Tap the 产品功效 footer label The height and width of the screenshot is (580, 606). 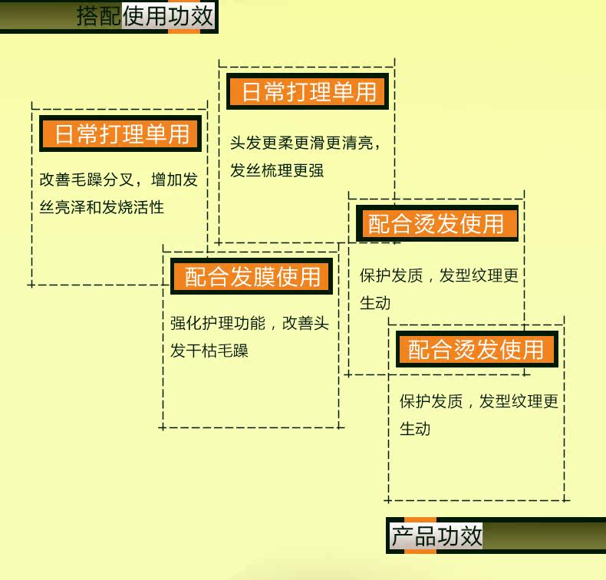436,536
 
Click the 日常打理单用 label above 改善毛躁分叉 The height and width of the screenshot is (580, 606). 122,135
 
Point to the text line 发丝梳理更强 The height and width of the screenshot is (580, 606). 277,170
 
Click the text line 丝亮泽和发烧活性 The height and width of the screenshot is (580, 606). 102,206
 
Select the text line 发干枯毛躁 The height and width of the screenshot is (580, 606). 209,351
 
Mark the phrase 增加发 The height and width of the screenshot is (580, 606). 175,180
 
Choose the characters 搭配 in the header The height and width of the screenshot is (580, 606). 99,15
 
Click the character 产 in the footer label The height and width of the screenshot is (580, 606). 403,536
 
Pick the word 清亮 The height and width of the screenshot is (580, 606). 357,143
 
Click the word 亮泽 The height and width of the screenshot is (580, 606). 71,206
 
